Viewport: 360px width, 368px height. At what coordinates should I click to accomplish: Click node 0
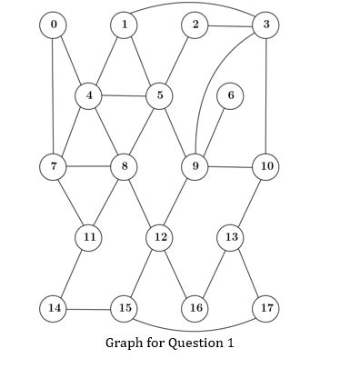pos(54,25)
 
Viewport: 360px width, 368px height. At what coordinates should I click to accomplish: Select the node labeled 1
pos(124,25)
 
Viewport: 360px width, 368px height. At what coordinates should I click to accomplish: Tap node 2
pos(195,25)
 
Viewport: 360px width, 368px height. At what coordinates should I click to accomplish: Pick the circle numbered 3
pos(265,25)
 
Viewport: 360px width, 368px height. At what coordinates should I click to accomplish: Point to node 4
pos(89,95)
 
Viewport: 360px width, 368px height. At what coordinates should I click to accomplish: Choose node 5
pos(160,95)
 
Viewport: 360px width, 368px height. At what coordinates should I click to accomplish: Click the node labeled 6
pos(231,95)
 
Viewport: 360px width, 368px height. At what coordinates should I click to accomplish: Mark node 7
pos(54,166)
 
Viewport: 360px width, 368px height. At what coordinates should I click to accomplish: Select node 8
pos(124,166)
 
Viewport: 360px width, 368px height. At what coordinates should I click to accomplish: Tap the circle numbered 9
pos(195,166)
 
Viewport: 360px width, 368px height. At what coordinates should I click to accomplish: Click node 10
pos(265,166)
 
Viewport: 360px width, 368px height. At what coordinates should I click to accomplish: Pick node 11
pos(89,237)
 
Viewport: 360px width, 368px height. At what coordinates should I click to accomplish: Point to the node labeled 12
pos(160,237)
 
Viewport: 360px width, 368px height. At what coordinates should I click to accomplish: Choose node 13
pos(231,237)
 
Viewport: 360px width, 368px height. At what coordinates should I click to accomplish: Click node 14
pos(54,308)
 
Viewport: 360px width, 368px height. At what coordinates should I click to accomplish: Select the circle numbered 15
pos(124,308)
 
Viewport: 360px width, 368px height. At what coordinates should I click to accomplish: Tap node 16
pos(195,308)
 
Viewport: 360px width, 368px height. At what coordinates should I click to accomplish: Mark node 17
pos(265,308)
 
